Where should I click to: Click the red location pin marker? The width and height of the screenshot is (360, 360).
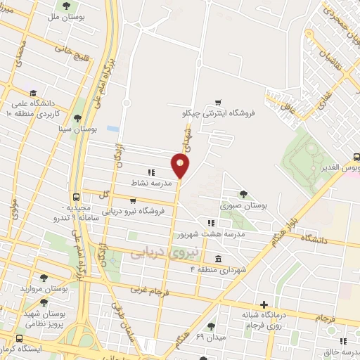[180, 166]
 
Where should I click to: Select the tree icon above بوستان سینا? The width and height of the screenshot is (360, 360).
[79, 117]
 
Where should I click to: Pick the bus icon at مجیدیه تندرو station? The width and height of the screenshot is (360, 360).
[75, 198]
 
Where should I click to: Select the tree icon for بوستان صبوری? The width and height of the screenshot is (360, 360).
[244, 193]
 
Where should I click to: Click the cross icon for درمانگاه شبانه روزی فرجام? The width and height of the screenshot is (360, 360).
[264, 304]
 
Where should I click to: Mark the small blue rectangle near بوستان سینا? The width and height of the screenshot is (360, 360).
[113, 129]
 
